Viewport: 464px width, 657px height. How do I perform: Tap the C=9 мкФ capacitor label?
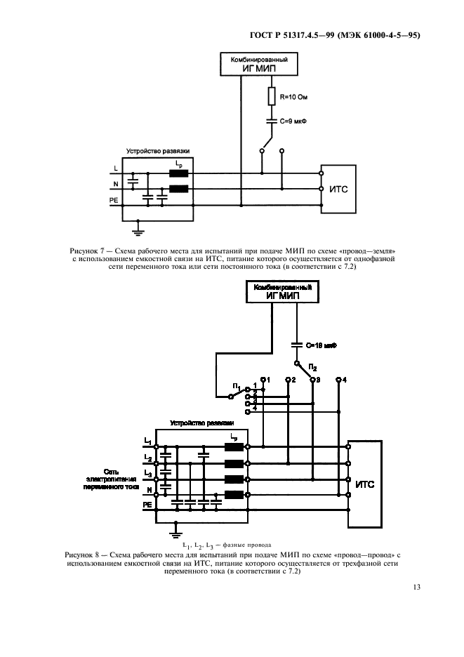coord(295,121)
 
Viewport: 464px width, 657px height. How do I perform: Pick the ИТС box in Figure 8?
coord(365,484)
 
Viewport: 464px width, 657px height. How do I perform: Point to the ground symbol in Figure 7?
coord(139,230)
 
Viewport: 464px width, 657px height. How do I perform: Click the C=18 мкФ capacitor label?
coord(322,345)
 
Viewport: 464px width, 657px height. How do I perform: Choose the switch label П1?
coord(239,387)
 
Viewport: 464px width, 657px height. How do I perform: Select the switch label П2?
coord(313,366)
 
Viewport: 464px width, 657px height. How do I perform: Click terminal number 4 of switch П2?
coord(343,379)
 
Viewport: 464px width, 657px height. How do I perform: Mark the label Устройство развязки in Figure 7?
coord(158,151)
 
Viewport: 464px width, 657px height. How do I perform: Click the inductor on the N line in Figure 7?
coord(178,189)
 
